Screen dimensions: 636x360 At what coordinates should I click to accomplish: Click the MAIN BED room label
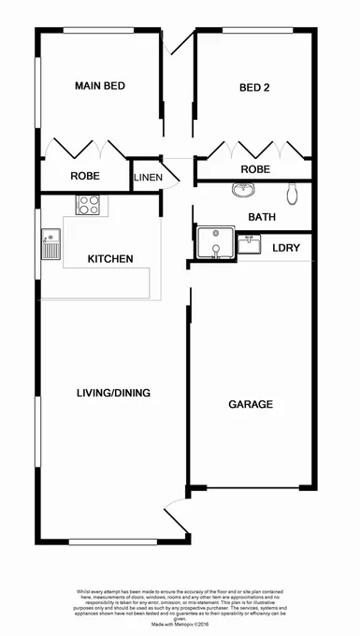click(x=100, y=87)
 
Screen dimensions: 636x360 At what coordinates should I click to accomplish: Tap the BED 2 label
click(x=254, y=88)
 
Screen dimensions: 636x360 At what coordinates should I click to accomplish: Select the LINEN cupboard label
click(x=148, y=178)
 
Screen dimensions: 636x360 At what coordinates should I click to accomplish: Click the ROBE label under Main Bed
click(x=85, y=176)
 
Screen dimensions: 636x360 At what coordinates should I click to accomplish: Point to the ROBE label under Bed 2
click(x=255, y=169)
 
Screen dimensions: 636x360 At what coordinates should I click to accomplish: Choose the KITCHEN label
click(x=110, y=259)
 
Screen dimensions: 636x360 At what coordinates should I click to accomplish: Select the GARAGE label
click(x=251, y=405)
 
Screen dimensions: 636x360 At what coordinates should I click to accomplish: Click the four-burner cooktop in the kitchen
click(x=89, y=203)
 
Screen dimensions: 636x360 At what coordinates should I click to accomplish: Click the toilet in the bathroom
click(x=294, y=194)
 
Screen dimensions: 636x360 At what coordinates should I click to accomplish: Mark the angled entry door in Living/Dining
click(x=173, y=519)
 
